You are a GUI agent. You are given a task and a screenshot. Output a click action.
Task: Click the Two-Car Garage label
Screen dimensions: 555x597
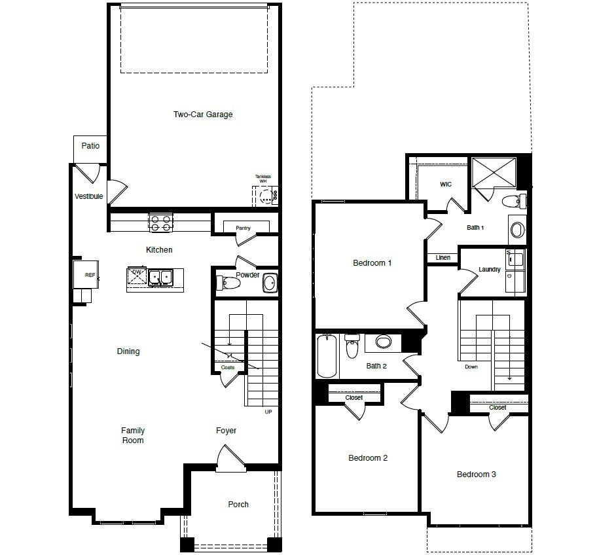[203, 115]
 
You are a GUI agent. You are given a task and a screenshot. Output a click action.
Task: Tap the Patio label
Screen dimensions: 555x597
[90, 145]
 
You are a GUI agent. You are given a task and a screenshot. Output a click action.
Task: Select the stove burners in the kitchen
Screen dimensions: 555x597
[160, 223]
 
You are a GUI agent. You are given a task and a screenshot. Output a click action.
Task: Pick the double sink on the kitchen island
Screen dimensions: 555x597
[160, 277]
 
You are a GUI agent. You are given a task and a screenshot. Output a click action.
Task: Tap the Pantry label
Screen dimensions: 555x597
[243, 228]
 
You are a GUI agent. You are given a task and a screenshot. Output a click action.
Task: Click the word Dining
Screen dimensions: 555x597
[128, 351]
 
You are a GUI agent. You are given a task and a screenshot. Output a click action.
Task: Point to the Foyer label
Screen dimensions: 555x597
[226, 431]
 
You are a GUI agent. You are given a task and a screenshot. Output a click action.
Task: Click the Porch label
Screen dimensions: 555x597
[238, 505]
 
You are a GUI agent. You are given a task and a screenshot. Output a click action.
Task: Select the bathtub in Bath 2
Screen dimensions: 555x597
[327, 357]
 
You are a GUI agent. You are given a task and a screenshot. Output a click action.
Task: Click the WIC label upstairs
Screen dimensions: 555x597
[445, 185]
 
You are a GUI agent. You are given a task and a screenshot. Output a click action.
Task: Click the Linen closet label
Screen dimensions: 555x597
[443, 258]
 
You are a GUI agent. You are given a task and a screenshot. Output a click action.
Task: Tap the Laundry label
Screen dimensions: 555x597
[490, 270]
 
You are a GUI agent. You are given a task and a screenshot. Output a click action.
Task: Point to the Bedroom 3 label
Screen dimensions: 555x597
[476, 474]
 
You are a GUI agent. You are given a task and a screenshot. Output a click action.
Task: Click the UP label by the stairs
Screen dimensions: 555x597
[268, 412]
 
